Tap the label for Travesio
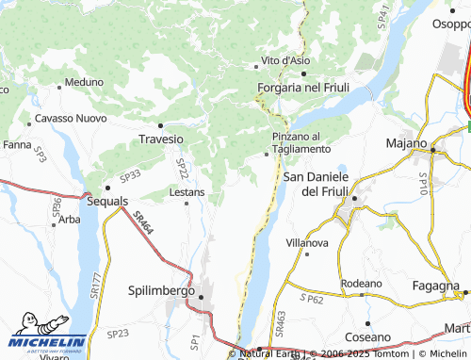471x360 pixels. click(x=160, y=139)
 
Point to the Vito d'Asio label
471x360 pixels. click(x=285, y=60)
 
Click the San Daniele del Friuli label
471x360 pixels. click(x=317, y=184)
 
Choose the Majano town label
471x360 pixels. click(x=407, y=143)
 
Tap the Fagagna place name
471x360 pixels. click(x=436, y=286)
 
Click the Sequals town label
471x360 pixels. click(x=106, y=202)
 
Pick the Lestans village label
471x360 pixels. click(x=187, y=192)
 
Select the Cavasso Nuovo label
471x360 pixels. click(x=71, y=119)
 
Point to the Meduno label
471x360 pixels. click(x=85, y=82)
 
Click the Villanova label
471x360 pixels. click(x=307, y=242)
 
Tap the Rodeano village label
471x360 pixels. click(x=362, y=283)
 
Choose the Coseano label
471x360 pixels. click(x=366, y=336)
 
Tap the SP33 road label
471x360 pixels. click(x=130, y=175)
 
